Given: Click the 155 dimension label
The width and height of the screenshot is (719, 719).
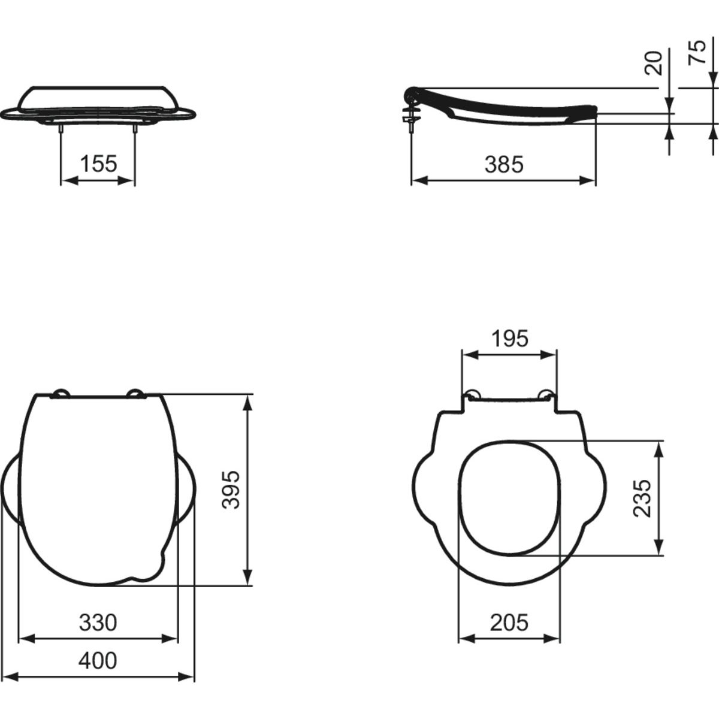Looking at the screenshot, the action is pyautogui.click(x=98, y=164).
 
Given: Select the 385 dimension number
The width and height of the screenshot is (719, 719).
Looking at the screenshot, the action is pyautogui.click(x=504, y=164).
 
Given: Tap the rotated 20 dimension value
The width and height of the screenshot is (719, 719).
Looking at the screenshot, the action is pyautogui.click(x=654, y=63).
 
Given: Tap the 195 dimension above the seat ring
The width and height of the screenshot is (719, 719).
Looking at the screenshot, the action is pyautogui.click(x=510, y=339).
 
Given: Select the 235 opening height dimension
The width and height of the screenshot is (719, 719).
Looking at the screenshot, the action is pyautogui.click(x=642, y=498).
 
